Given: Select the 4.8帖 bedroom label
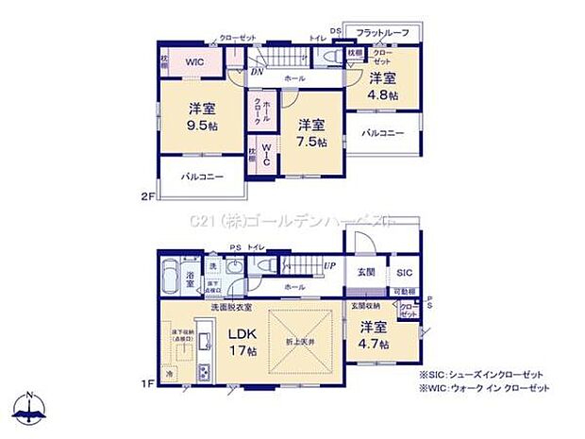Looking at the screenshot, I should point(382,87).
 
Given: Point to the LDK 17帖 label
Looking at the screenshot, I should point(240,342).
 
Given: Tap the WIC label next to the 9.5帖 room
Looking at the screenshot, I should point(195,62).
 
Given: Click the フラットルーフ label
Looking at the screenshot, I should point(383,34).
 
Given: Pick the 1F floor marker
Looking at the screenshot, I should point(146,384).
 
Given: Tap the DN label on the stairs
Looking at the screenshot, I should point(256,71).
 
